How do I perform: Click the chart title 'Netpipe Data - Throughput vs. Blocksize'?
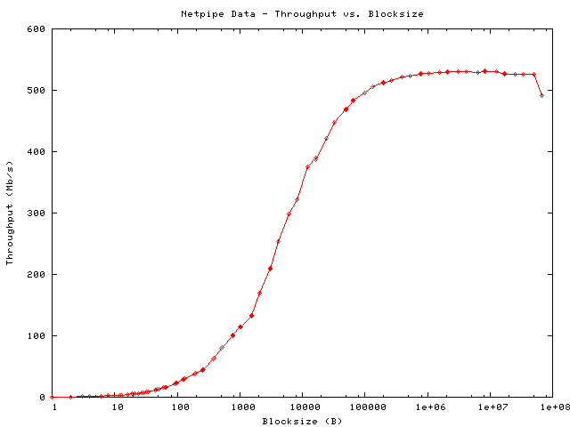point(302,14)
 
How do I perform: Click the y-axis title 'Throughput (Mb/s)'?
point(11,213)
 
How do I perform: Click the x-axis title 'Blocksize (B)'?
point(302,421)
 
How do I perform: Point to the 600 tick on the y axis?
point(37,28)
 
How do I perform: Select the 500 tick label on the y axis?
point(37,90)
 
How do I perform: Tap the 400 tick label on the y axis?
point(37,151)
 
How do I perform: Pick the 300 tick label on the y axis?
point(37,213)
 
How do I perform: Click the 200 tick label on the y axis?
point(37,274)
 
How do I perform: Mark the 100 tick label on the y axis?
point(37,335)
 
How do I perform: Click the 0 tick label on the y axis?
point(43,397)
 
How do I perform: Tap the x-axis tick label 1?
point(54,407)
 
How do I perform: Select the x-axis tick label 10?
point(117,407)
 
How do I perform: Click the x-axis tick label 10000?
point(302,407)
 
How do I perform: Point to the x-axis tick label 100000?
point(364,407)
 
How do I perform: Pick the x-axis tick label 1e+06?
point(427,407)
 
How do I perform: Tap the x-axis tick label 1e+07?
point(489,407)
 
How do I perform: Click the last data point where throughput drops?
point(541,95)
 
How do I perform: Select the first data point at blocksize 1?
point(53,397)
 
